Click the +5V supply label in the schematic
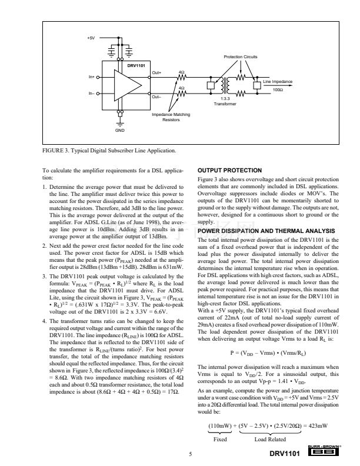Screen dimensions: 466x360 point(91,38)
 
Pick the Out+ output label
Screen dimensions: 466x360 point(157,72)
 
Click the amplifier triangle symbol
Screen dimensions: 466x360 point(129,85)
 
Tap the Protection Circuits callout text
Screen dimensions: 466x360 point(241,56)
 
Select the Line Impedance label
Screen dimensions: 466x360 point(278,81)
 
